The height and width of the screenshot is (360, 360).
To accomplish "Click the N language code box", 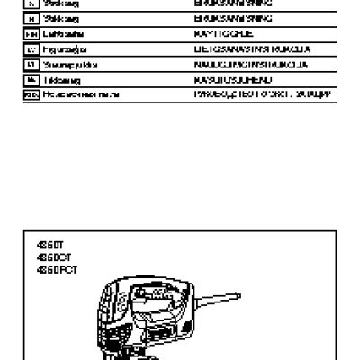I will coord(30,17).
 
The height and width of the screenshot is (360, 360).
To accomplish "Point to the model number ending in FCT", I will coord(50,267).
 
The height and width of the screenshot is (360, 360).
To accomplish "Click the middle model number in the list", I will coord(49,256).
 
